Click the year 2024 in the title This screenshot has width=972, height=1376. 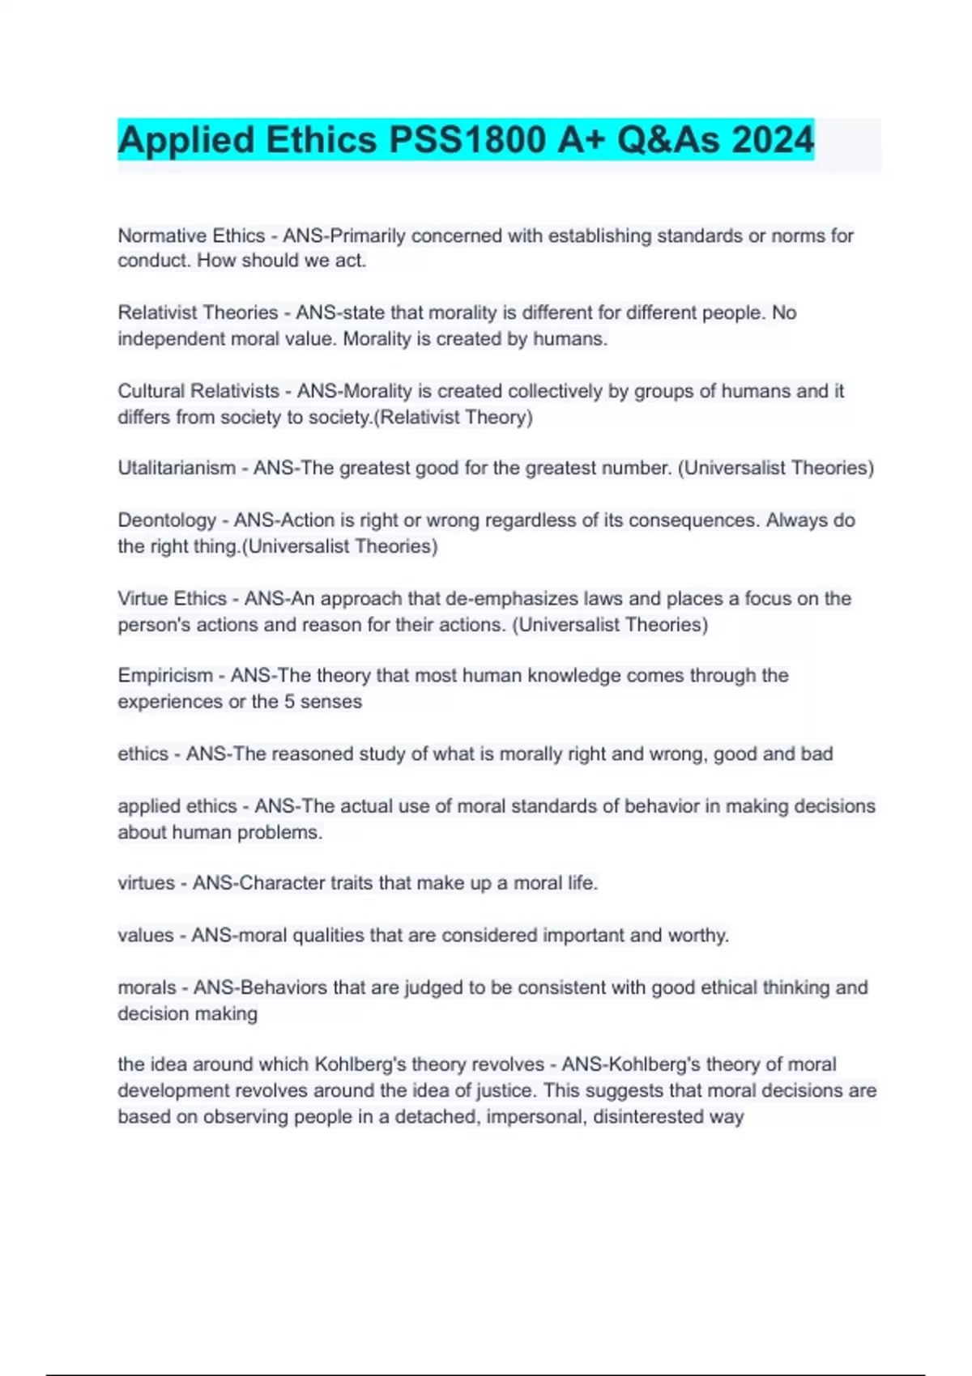[773, 140]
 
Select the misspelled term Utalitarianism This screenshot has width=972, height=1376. [177, 468]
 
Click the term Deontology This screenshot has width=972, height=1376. [167, 520]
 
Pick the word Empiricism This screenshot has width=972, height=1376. [165, 676]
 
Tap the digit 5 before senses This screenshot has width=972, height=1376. [289, 702]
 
